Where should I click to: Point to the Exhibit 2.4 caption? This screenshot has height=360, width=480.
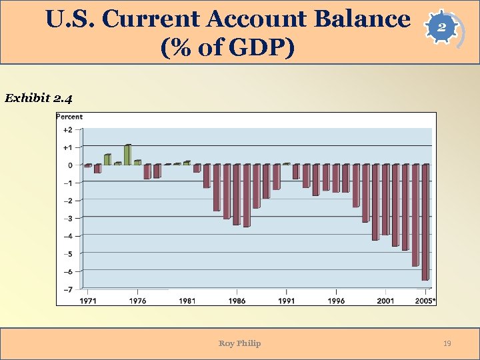click(39, 99)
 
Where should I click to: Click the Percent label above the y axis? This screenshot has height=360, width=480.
click(69, 117)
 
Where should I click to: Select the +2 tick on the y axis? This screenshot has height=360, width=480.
click(68, 129)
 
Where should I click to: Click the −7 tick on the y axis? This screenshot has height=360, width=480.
click(68, 289)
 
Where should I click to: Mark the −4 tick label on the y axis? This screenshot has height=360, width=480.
click(68, 236)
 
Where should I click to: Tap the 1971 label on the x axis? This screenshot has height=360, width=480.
click(87, 301)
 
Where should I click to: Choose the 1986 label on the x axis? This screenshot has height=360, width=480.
click(237, 301)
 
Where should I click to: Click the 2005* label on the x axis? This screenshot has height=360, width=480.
click(425, 301)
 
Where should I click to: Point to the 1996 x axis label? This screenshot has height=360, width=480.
click(336, 301)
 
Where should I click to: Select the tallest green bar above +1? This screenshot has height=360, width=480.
click(127, 155)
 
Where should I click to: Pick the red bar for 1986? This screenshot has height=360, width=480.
click(236, 194)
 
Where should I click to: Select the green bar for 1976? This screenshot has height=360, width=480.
click(137, 162)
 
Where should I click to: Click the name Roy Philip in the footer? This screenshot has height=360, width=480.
click(239, 343)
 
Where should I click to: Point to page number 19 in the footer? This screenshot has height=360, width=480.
click(447, 343)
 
